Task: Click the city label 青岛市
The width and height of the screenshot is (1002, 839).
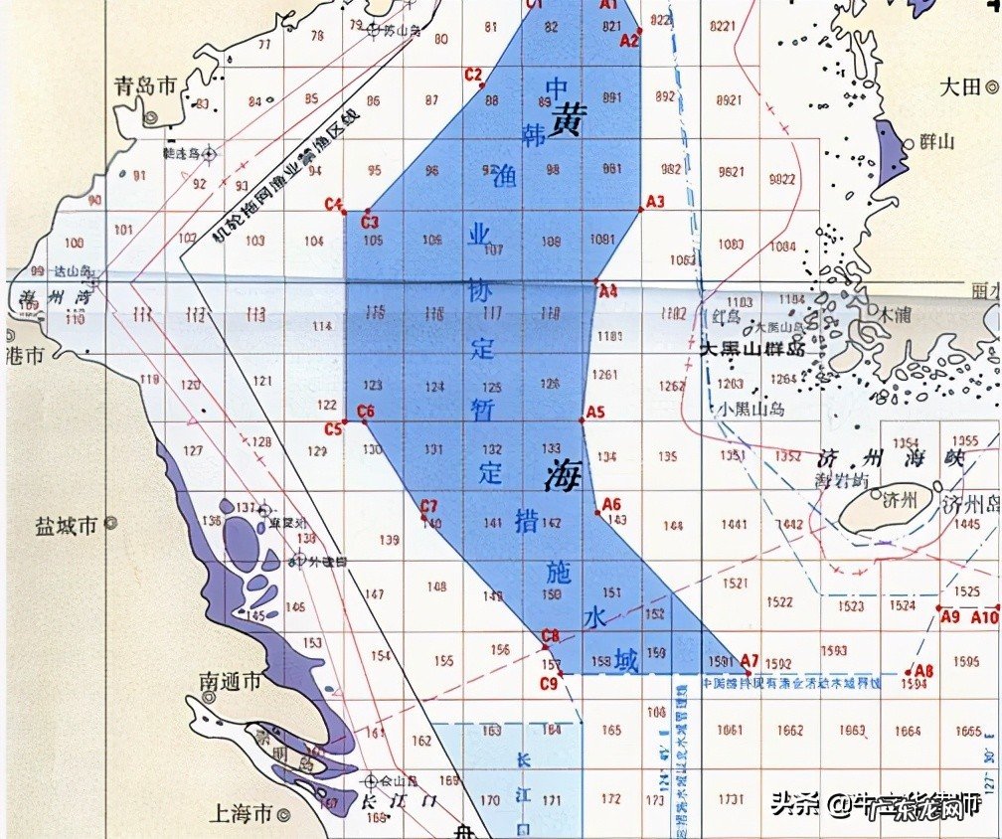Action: pos(145,85)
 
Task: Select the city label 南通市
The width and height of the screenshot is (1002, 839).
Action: pos(230,682)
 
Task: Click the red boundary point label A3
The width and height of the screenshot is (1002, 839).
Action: pos(654,202)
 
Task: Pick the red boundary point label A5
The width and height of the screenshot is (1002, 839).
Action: pos(595,412)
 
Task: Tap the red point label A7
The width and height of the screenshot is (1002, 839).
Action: pos(750,660)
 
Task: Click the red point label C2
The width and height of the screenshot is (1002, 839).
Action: pos(473,75)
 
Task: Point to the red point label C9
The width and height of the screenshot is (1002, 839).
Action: pos(548,683)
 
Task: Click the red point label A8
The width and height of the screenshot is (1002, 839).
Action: pos(924,671)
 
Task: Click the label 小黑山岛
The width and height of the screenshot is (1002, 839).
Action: pos(753,409)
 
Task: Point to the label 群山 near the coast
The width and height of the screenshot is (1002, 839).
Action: pos(937,142)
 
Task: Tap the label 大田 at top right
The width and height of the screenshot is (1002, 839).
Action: pos(961,86)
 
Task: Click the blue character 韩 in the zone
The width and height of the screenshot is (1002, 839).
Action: pos(534,137)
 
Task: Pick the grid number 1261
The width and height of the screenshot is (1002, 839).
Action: pos(603,375)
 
